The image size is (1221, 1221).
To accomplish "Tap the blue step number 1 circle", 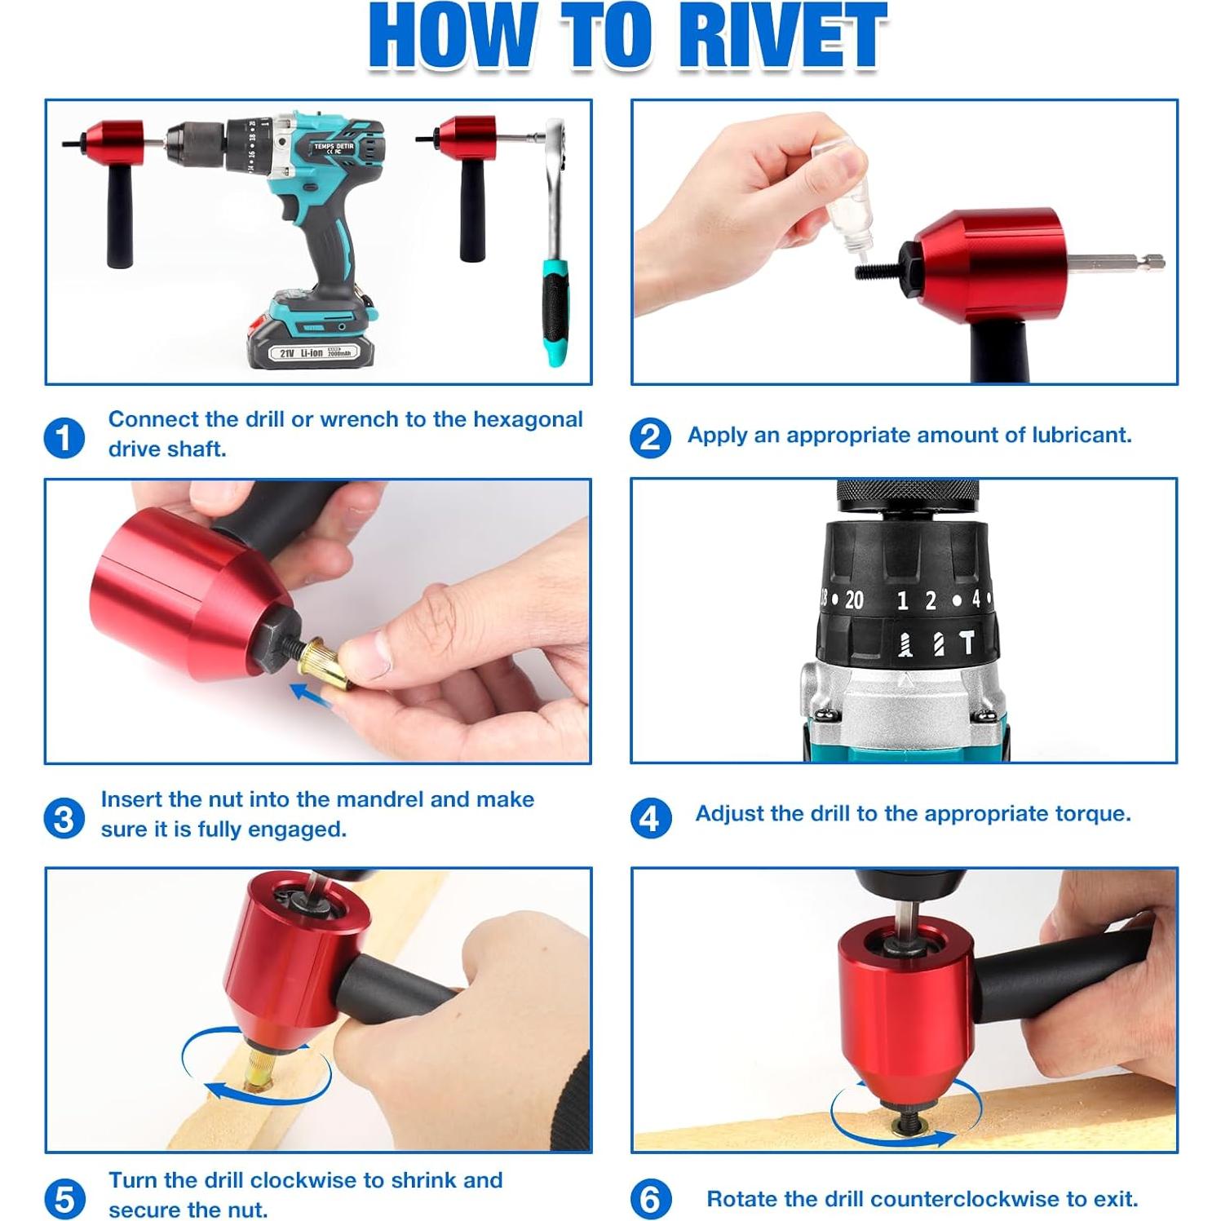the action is click(x=64, y=438).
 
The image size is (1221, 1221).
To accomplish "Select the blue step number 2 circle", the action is click(x=650, y=437).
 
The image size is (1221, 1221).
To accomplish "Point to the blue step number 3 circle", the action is click(x=64, y=818).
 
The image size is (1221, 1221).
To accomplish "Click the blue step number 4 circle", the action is click(x=650, y=817).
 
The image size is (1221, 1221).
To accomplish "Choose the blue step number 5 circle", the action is click(x=64, y=1199).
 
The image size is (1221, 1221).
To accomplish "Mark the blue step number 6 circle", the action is click(x=650, y=1199).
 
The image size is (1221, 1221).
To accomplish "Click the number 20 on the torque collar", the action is click(x=853, y=600).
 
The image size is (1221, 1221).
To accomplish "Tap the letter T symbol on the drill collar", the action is click(x=967, y=644).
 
